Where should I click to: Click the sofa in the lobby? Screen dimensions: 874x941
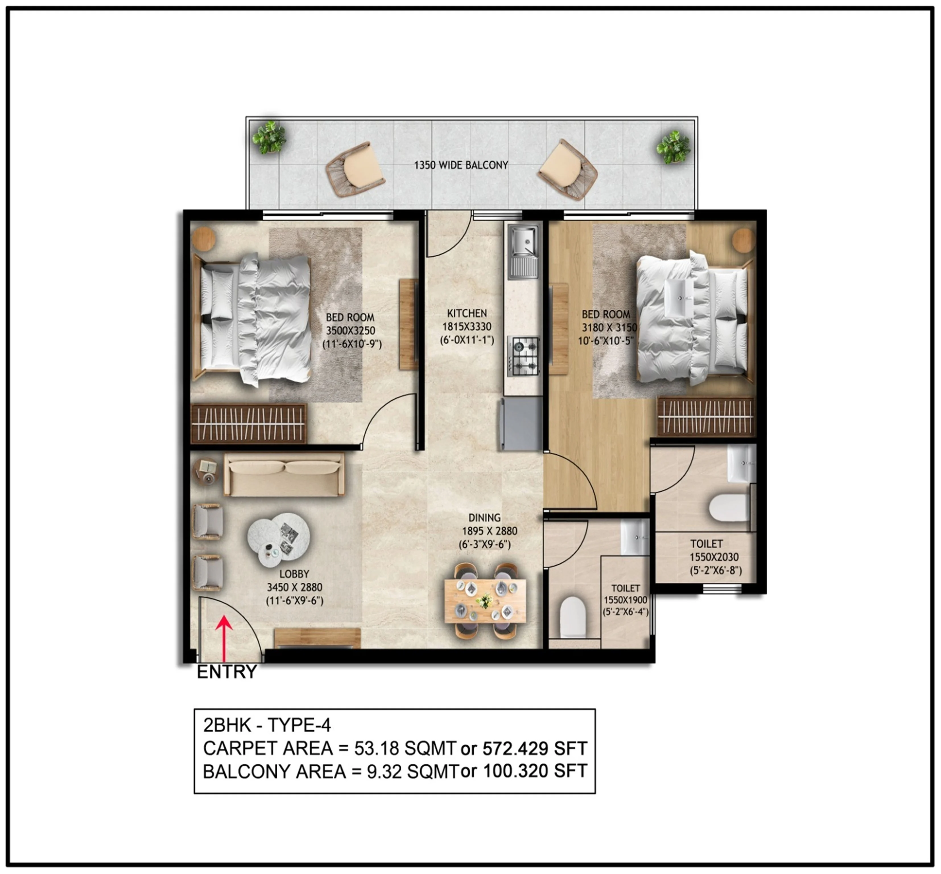[284, 474]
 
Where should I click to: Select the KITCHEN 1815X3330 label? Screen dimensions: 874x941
[467, 326]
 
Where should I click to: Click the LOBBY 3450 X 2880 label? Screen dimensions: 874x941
[294, 587]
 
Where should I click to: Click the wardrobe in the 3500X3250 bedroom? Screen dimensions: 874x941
[248, 423]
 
